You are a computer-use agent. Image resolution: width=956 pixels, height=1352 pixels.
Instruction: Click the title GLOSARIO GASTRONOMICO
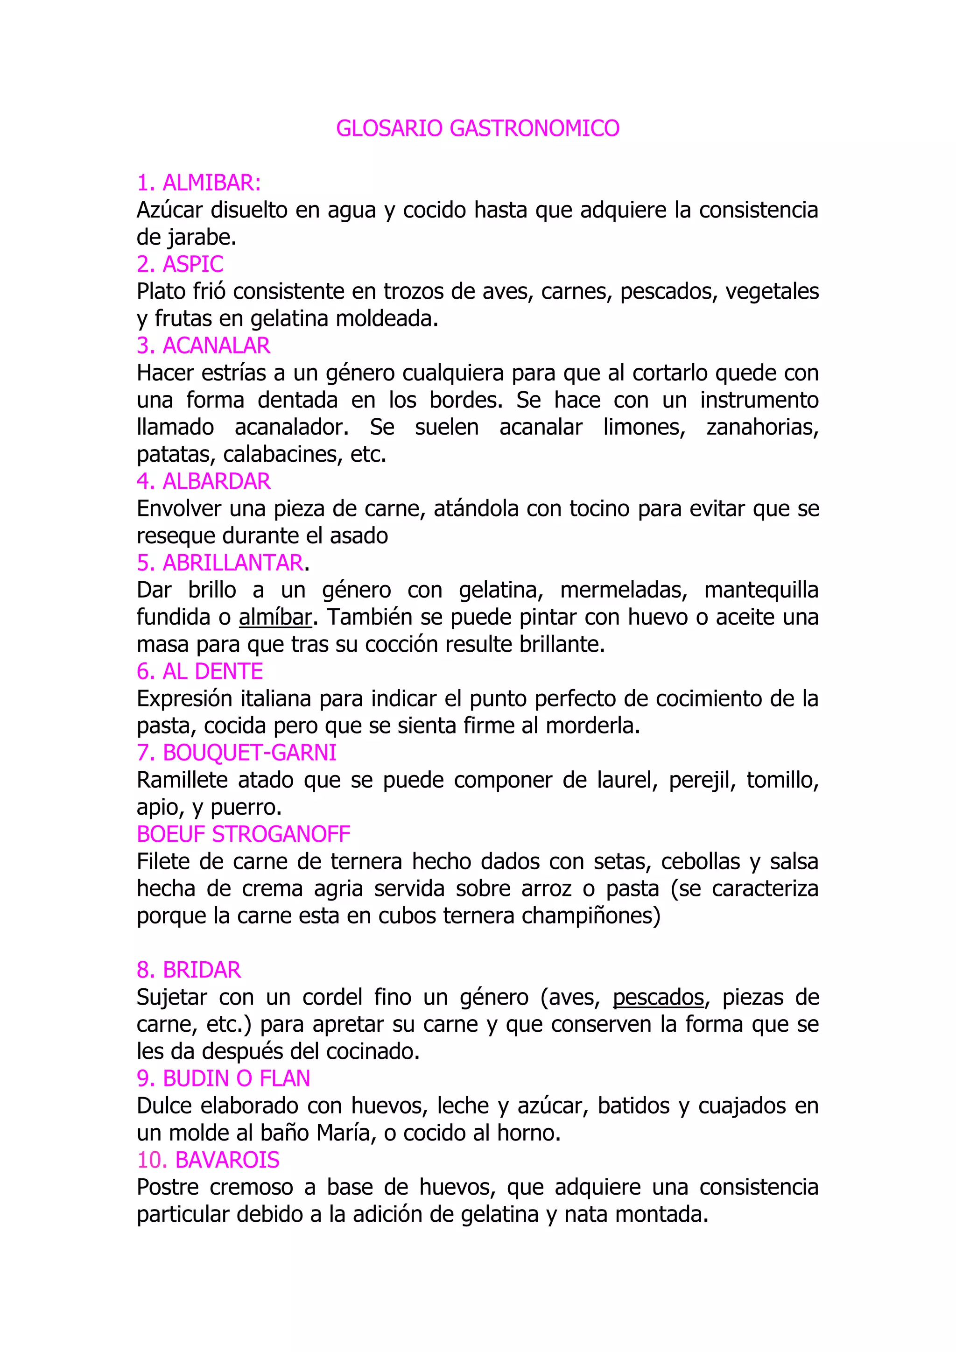coord(478,128)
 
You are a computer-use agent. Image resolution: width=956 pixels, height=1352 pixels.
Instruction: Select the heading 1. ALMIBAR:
coord(198,183)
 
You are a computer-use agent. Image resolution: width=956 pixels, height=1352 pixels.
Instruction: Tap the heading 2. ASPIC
coord(180,264)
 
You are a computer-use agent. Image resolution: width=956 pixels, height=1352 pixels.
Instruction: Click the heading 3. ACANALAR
coord(203,345)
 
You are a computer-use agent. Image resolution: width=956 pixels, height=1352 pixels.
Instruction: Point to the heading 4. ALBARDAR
coord(203,482)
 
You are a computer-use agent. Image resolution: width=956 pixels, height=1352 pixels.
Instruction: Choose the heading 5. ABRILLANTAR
coord(220,563)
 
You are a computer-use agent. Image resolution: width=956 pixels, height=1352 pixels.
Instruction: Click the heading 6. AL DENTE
coord(200,671)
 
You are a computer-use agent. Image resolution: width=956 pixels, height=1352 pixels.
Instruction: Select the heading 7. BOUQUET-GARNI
coord(236,753)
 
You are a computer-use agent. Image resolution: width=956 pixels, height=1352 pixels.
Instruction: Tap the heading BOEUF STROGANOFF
coord(243,834)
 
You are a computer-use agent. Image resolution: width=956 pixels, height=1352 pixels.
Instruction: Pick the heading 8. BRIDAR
coord(189,970)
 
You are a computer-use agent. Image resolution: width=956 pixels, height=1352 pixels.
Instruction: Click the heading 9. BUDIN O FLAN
coord(223,1078)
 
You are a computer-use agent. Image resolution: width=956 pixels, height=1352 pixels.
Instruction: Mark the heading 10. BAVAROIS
coord(208,1160)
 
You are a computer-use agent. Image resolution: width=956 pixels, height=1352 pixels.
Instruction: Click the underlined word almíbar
coord(275,617)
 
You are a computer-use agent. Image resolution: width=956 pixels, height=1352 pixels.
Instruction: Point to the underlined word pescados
coord(658,997)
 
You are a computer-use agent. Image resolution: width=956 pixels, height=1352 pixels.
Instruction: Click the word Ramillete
coord(182,780)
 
